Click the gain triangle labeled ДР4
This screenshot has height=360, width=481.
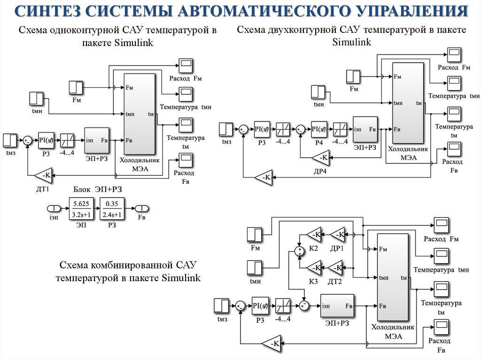coord(320,158)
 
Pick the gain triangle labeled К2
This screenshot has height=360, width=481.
coord(314,234)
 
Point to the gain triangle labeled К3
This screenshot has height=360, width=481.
coord(314,268)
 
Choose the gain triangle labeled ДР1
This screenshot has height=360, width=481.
coord(337,234)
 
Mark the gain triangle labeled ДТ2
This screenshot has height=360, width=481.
coord(337,268)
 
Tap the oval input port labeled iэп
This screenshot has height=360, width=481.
coord(54,209)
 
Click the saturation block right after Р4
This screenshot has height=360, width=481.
coord(340,129)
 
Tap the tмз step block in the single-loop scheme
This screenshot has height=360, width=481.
coord(10,140)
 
